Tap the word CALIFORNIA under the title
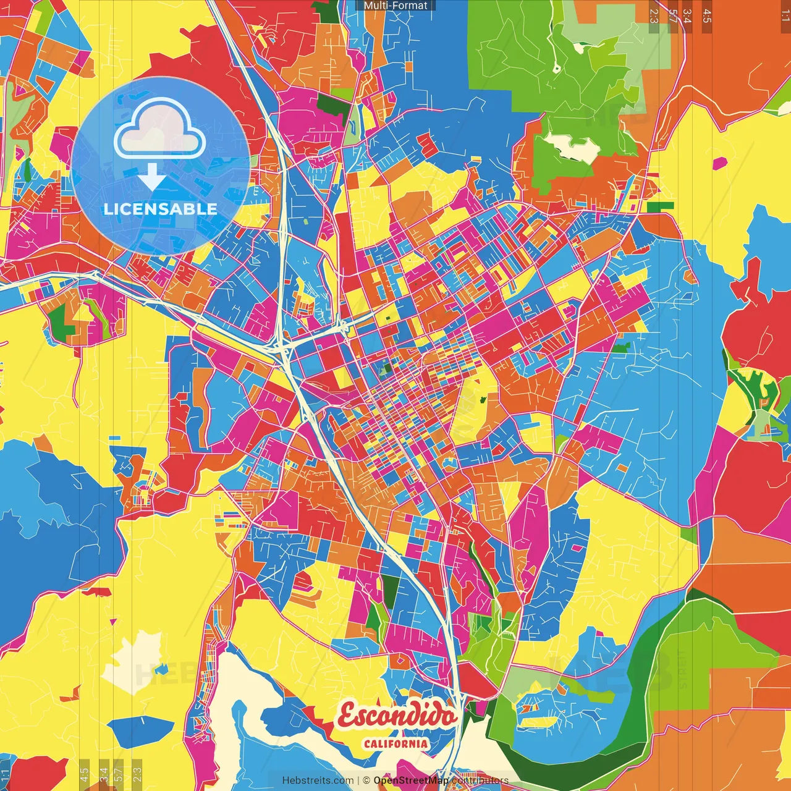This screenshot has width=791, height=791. point(395,743)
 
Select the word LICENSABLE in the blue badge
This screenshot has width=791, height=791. point(160,209)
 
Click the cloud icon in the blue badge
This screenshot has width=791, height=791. point(160,129)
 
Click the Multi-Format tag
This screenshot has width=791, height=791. point(395,6)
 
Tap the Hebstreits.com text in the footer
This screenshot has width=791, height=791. point(318,780)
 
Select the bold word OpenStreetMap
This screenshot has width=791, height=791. point(411,780)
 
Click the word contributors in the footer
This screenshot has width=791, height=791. point(480,780)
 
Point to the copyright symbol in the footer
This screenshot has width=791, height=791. point(366,780)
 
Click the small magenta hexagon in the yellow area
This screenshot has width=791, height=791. point(720,163)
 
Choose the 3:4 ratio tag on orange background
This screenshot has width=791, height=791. point(687,15)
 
